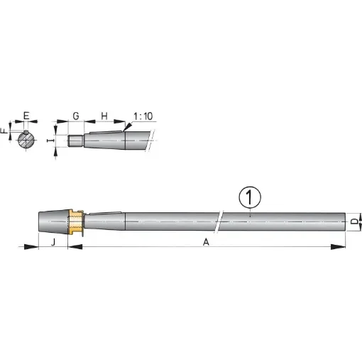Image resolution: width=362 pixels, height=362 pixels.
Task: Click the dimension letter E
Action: coord(26,114)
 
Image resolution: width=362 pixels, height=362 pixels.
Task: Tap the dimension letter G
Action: coord(76,114)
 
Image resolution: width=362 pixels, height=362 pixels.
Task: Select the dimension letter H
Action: coord(104,114)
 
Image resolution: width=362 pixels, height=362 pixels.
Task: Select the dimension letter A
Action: coord(206,241)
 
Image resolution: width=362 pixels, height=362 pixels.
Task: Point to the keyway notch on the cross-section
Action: coord(26,133)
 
